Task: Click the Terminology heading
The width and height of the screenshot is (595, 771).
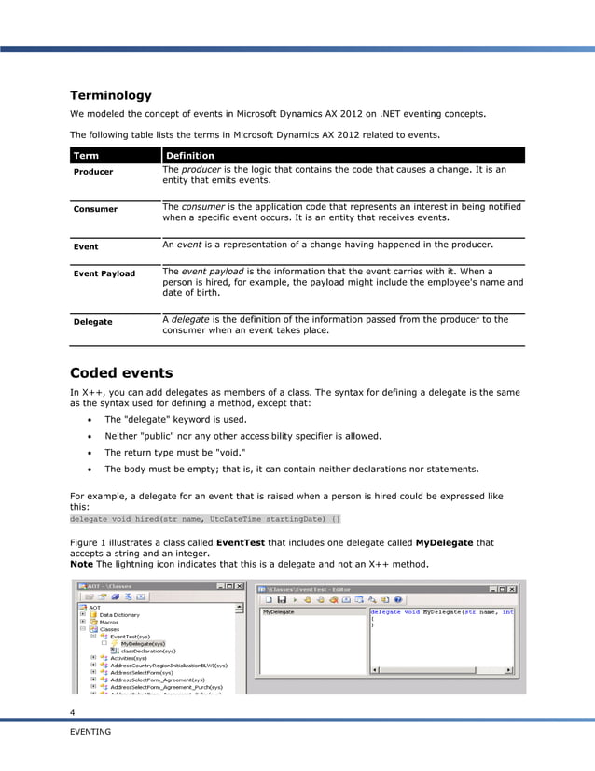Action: coord(111,95)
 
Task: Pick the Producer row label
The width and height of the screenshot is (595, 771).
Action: coord(93,172)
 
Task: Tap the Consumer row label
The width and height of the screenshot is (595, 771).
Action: coord(95,209)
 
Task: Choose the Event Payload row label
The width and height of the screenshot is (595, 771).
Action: coord(104,273)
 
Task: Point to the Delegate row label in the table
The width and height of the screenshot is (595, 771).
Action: coord(93,321)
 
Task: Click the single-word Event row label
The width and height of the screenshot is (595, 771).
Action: coord(86,247)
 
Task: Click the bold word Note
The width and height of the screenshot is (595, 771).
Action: coord(81,565)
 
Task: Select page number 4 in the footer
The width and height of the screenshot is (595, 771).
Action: coord(73,714)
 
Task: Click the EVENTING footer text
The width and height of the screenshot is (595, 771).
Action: coord(90,732)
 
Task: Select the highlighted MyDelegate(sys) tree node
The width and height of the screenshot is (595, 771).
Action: coord(143,643)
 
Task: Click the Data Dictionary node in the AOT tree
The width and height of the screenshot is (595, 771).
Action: coord(119,615)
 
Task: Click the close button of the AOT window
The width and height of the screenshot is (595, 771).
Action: coord(240,586)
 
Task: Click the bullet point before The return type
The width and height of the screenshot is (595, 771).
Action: coord(89,452)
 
